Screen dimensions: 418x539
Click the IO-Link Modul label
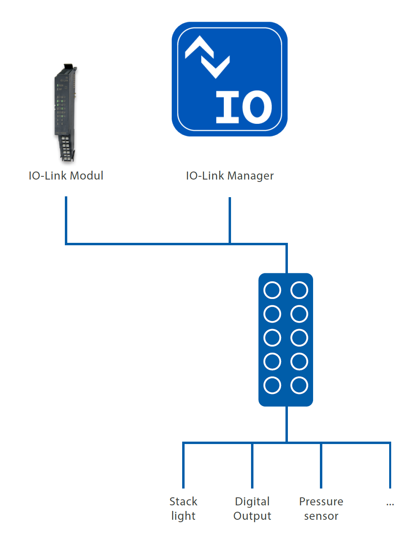pos(66,176)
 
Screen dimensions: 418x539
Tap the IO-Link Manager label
pos(230,176)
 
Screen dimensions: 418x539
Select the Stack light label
pos(183,509)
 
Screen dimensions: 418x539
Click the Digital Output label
pos(252,509)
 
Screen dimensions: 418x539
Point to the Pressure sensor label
pos(321,509)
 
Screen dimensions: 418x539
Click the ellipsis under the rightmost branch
pos(390,505)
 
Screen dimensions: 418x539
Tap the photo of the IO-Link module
pos(66,113)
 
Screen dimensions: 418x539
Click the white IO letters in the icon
pos(244,107)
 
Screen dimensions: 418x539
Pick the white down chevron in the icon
pos(215,67)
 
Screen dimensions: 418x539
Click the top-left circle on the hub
pos(272,290)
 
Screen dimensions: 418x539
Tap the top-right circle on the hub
pos(299,290)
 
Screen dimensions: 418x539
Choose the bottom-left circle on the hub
pos(272,385)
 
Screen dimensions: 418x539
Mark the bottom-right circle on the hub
pos(299,385)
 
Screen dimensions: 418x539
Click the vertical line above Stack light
pos(183,465)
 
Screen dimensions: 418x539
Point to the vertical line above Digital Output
pos(252,465)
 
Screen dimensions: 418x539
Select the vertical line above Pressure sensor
pos(321,465)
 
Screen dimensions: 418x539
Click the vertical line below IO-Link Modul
pos(66,220)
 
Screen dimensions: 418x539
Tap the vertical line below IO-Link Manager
pos(230,220)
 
